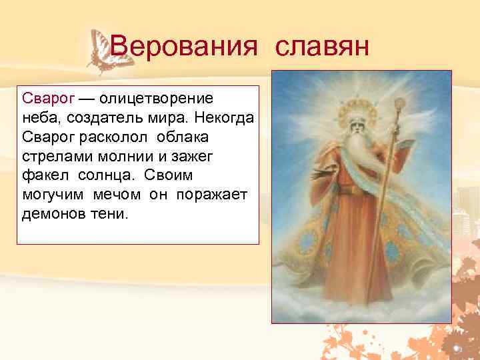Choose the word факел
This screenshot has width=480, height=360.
click(x=44, y=175)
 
